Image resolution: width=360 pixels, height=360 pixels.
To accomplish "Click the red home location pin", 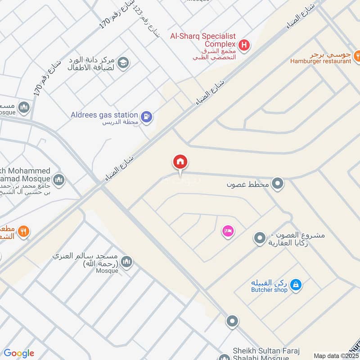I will pyautogui.click(x=180, y=162).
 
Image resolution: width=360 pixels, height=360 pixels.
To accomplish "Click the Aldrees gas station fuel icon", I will pyautogui.click(x=146, y=117).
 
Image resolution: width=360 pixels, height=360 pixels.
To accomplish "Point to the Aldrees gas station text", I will pyautogui.click(x=104, y=115).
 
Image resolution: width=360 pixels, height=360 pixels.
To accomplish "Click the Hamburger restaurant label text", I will pyautogui.click(x=320, y=61).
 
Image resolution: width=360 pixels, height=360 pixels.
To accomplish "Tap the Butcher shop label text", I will pyautogui.click(x=269, y=290).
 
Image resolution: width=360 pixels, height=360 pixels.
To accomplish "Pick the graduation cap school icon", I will pyautogui.click(x=123, y=63).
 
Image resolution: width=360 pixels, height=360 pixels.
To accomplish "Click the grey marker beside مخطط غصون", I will pyautogui.click(x=278, y=184).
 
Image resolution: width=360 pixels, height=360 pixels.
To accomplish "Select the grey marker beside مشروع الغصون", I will pyautogui.click(x=259, y=238).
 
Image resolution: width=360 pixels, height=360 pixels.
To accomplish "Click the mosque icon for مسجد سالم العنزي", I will pyautogui.click(x=126, y=262).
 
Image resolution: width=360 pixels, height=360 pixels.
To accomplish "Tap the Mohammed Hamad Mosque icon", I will pyautogui.click(x=58, y=181).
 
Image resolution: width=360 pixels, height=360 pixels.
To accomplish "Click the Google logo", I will pyautogui.click(x=19, y=353).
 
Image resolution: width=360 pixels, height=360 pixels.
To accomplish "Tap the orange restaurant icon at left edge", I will pyautogui.click(x=24, y=232).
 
